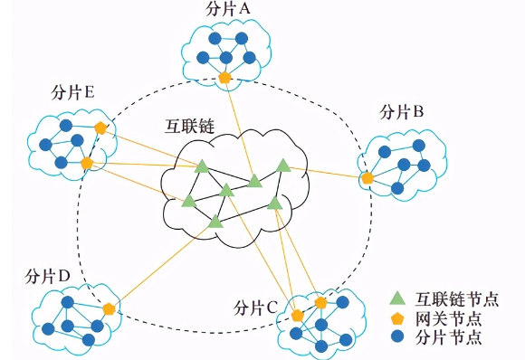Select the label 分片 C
coord(254,307)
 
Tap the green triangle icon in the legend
coord(396,298)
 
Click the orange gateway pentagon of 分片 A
coord(224,78)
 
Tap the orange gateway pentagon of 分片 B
coord(367,179)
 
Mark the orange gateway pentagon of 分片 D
coord(110,308)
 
